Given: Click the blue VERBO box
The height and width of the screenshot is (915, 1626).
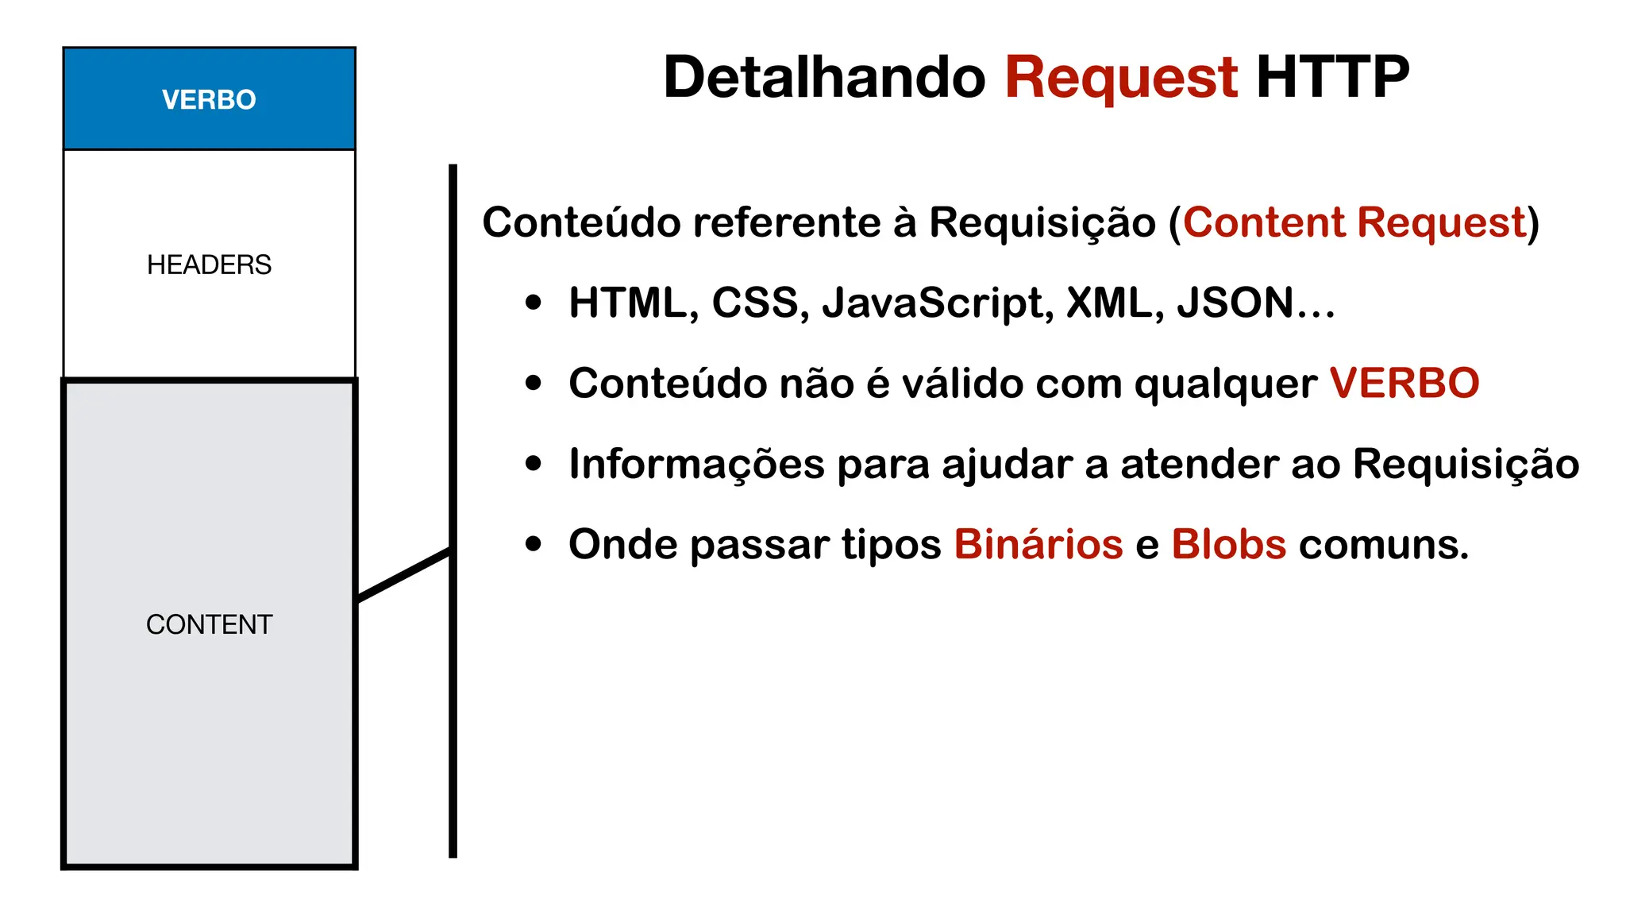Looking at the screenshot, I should pyautogui.click(x=209, y=99).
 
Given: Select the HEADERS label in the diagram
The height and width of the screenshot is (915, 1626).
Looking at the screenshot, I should pyautogui.click(x=209, y=264).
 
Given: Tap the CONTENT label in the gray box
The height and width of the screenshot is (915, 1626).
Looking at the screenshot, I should pyautogui.click(x=209, y=624).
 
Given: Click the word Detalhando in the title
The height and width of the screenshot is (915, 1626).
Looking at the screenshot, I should pyautogui.click(x=824, y=77).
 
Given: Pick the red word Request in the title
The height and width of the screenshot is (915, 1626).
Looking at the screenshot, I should pyautogui.click(x=1121, y=77).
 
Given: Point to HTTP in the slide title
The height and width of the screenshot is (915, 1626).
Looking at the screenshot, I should pyautogui.click(x=1332, y=77).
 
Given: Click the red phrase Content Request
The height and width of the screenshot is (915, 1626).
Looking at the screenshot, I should pyautogui.click(x=1354, y=222).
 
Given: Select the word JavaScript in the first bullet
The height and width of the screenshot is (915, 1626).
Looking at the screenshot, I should pyautogui.click(x=937, y=303).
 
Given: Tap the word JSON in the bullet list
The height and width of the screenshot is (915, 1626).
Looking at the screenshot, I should pyautogui.click(x=1235, y=303).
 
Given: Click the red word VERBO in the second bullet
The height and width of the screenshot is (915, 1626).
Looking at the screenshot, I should pyautogui.click(x=1404, y=384).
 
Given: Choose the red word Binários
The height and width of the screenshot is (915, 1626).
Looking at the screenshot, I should pyautogui.click(x=1038, y=545).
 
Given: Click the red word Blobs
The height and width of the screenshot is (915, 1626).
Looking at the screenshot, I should pyautogui.click(x=1228, y=545).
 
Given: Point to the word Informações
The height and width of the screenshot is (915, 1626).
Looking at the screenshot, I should pyautogui.click(x=696, y=464).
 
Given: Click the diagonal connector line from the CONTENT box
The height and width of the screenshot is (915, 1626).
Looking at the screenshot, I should pyautogui.click(x=404, y=574).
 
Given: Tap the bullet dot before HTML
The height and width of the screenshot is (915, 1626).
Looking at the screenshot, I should pyautogui.click(x=534, y=303).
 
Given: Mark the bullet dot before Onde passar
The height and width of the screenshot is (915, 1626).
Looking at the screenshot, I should pyautogui.click(x=534, y=544).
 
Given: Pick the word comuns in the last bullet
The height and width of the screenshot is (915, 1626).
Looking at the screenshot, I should pyautogui.click(x=1383, y=545).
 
